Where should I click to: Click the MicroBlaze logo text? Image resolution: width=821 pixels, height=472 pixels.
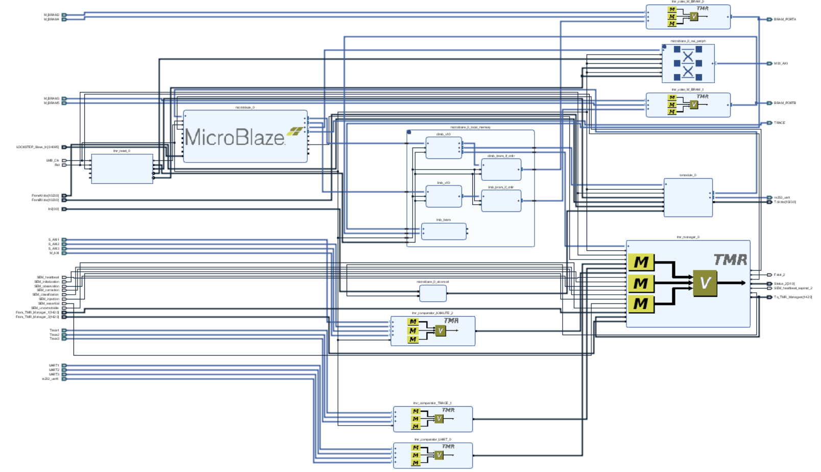[x=235, y=137]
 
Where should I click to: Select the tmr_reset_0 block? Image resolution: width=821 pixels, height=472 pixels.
[x=122, y=169]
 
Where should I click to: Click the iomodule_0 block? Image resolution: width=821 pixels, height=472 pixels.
[x=688, y=197]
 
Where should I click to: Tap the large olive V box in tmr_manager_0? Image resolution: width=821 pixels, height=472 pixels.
[x=705, y=283]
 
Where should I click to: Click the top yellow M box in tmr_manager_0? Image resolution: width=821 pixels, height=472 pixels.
[x=641, y=262]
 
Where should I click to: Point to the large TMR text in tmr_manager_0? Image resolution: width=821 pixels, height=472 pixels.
[x=730, y=260]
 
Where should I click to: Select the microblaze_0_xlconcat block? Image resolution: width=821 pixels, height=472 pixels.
[x=432, y=293]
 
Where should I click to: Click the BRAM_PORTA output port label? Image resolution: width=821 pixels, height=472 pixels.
[x=785, y=19]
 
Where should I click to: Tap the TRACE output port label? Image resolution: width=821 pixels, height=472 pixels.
[x=779, y=123]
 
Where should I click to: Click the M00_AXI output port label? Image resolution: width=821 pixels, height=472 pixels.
[x=781, y=64]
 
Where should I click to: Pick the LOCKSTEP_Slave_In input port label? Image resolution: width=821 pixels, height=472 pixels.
[x=37, y=147]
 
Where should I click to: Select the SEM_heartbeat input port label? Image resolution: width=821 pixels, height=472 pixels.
[x=47, y=277]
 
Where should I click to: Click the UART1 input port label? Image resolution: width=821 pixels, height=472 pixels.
[x=54, y=366]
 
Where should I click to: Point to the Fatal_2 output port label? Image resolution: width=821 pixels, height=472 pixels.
[x=779, y=275]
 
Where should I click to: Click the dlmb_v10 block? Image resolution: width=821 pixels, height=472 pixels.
[x=443, y=148]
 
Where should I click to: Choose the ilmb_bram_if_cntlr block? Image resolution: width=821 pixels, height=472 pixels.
[x=501, y=201]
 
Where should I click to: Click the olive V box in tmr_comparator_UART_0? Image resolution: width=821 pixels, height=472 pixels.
[x=439, y=455]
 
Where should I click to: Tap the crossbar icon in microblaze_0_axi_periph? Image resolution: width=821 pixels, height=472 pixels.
[x=688, y=63]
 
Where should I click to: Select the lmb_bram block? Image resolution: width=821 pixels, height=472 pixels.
[x=443, y=231]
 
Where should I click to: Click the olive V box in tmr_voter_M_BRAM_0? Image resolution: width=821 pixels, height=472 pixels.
[x=693, y=16]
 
